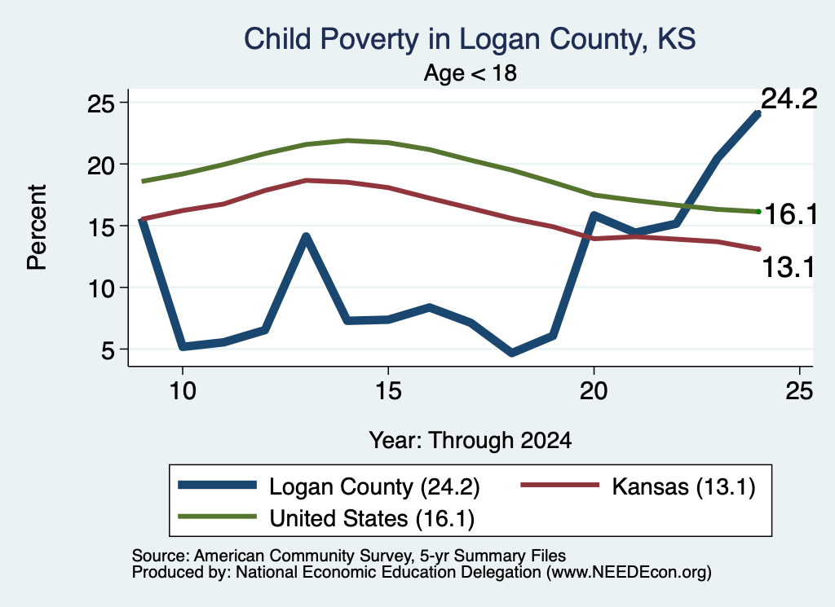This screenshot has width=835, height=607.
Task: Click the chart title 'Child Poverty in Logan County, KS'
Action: coord(470,39)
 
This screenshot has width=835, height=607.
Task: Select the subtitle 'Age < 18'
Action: coord(471,73)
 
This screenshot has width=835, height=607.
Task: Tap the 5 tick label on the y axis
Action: coord(108,350)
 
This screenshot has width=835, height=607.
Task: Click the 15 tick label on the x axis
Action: coord(388,391)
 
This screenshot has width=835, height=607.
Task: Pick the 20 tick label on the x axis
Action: coord(594,391)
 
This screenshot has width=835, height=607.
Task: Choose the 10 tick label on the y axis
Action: coord(100,288)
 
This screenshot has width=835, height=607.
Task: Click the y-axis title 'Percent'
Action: coord(37,227)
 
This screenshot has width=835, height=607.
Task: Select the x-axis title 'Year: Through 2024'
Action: coord(471,441)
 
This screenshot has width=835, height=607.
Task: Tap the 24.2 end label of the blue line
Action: coord(789,99)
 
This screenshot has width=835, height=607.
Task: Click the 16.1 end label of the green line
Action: coord(791,214)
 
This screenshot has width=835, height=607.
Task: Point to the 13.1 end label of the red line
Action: coord(789,266)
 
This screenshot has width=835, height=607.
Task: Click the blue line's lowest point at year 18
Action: coord(512,352)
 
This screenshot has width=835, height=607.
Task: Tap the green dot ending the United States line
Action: coord(759,212)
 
